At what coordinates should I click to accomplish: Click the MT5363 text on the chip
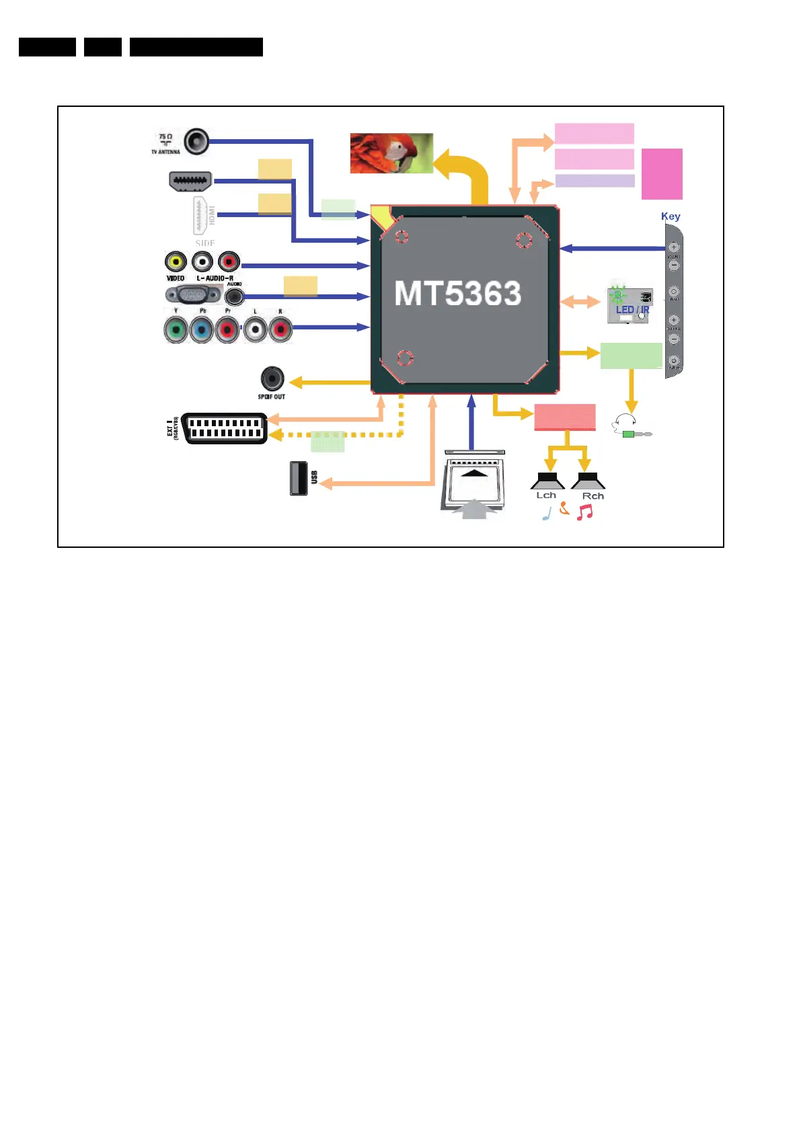point(457,294)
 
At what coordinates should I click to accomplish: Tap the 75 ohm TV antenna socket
point(196,142)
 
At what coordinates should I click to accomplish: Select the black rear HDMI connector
point(190,181)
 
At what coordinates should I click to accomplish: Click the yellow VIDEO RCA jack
point(176,261)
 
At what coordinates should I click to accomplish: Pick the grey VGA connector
point(193,294)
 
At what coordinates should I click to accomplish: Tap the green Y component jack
point(176,330)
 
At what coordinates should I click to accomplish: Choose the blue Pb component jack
point(201,330)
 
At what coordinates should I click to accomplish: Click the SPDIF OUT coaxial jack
point(272,378)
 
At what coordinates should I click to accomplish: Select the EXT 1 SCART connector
point(225,428)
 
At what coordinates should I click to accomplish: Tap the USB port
point(299,478)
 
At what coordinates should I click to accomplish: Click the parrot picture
point(391,153)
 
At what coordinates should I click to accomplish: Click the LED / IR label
point(632,310)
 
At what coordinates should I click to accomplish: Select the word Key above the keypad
point(671,216)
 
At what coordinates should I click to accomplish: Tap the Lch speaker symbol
point(547,481)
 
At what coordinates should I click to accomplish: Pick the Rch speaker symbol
point(588,481)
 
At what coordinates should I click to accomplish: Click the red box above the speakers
point(565,417)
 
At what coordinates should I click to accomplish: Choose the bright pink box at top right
point(662,174)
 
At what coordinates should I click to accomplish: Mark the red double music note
point(584,512)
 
